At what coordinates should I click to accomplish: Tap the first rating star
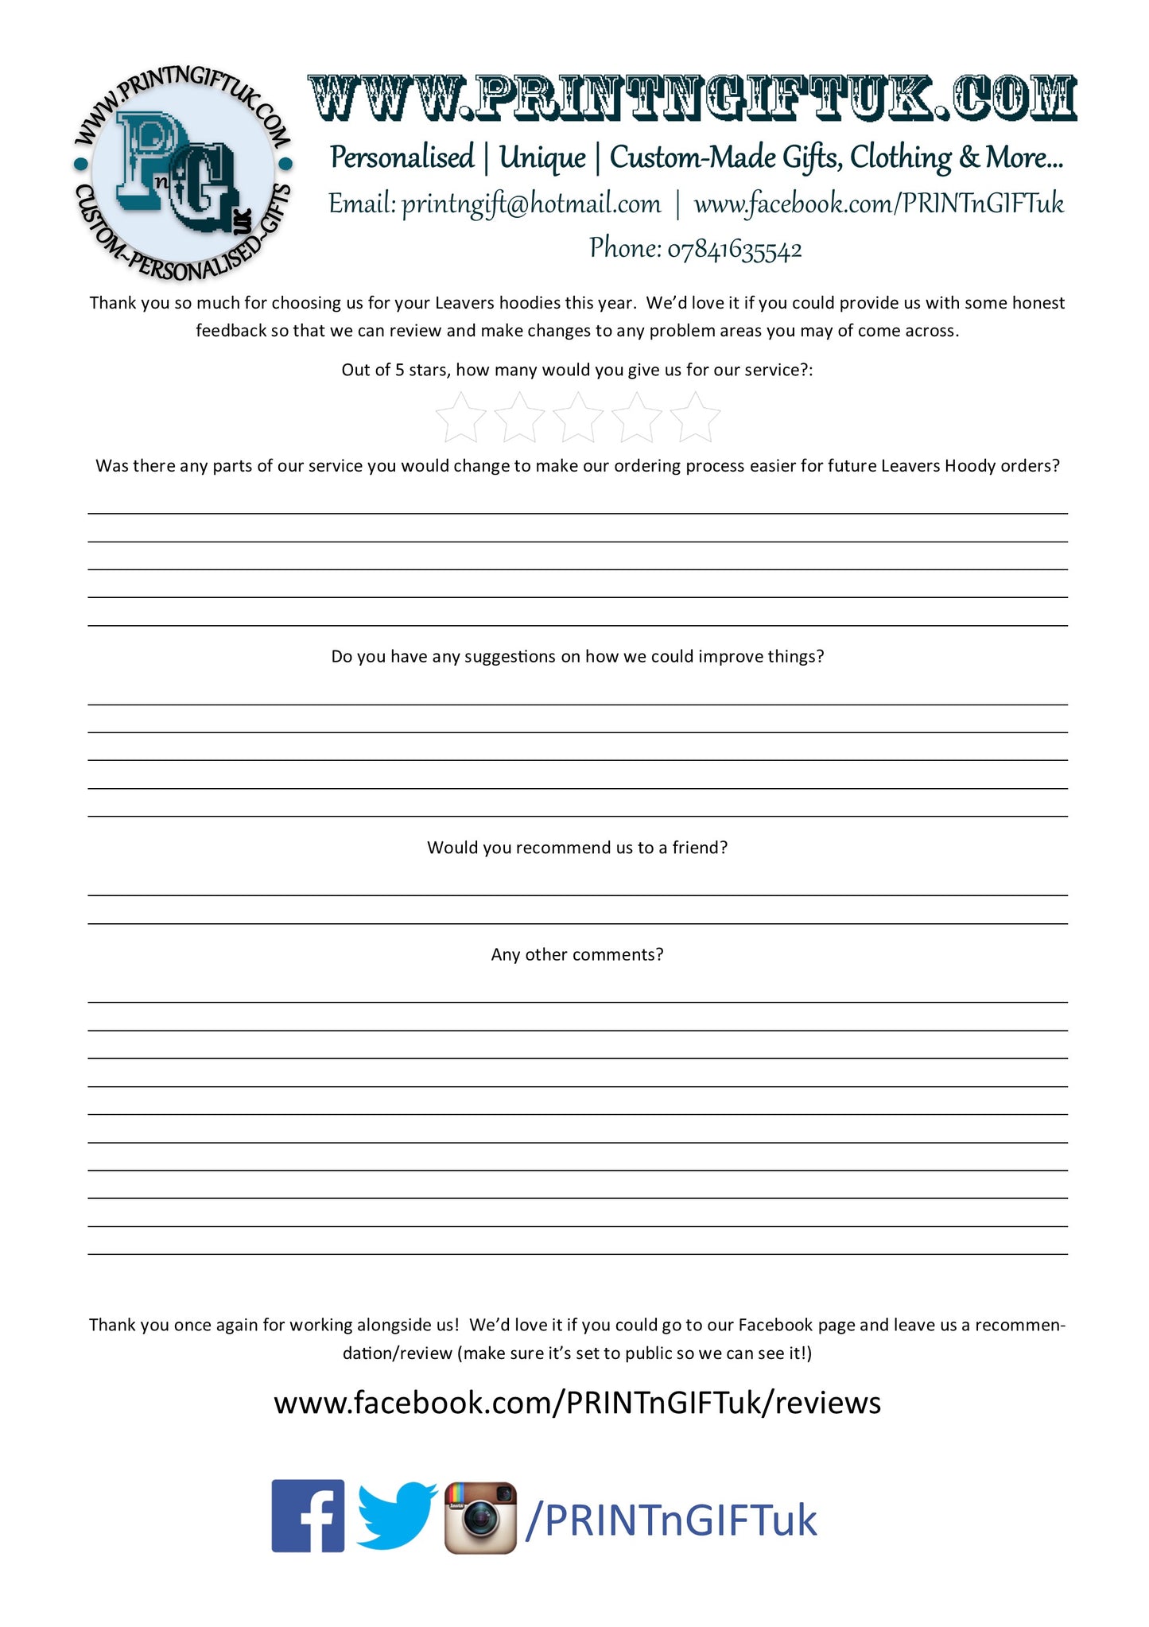[461, 418]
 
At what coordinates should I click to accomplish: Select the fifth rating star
[695, 418]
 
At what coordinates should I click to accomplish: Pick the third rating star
[578, 418]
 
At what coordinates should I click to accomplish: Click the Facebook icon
[308, 1516]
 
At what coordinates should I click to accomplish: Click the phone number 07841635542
[734, 250]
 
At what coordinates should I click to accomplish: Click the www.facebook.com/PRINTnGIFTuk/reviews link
[577, 1403]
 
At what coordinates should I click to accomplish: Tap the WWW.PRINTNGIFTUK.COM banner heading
[692, 99]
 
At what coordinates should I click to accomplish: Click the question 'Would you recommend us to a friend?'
[577, 848]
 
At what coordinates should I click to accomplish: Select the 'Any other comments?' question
[577, 954]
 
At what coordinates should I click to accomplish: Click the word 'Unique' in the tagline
[542, 158]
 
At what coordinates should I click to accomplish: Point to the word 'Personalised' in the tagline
[402, 158]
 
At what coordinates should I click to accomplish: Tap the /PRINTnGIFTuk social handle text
[671, 1520]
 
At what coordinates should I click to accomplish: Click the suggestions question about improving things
[577, 657]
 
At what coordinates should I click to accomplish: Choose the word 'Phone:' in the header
[625, 249]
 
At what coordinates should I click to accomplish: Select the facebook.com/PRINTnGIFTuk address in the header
[879, 204]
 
